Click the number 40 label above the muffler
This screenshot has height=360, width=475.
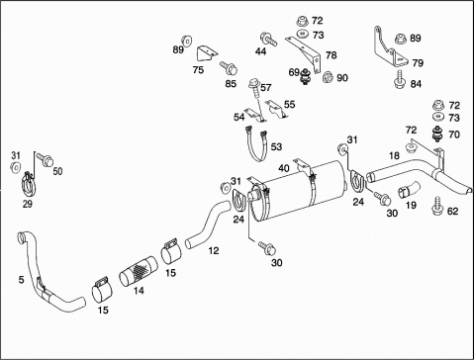click(284, 168)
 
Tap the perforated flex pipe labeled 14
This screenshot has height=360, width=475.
click(139, 271)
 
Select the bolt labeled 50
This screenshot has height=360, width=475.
click(46, 159)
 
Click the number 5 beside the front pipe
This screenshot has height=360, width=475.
click(21, 280)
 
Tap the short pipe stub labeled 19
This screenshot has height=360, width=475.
click(409, 190)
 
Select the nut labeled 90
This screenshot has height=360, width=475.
click(329, 77)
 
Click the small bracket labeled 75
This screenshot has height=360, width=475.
click(207, 53)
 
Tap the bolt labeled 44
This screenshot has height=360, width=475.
click(268, 39)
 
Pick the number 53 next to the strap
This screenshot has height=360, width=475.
click(276, 146)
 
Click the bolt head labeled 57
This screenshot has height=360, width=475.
click(254, 83)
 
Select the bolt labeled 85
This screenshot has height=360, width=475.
click(229, 67)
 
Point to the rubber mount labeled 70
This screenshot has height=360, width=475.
click(437, 134)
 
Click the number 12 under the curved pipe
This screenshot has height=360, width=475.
click(214, 251)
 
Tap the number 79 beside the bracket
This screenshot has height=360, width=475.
click(418, 62)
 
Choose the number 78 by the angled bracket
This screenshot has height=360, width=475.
click(332, 55)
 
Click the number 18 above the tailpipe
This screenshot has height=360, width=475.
click(394, 155)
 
